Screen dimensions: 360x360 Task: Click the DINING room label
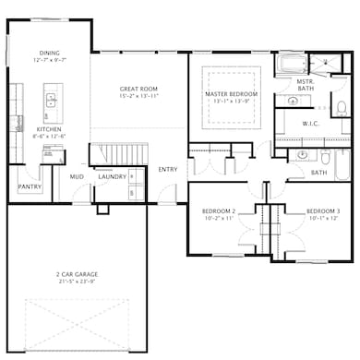(x=50, y=53)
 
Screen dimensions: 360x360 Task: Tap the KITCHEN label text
(x=48, y=129)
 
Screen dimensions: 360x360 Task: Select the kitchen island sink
(x=53, y=99)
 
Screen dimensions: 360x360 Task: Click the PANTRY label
(x=29, y=186)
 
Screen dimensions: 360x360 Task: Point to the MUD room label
(x=77, y=176)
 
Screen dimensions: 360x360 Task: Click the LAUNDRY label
(x=112, y=176)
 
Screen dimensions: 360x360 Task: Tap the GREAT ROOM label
(x=139, y=90)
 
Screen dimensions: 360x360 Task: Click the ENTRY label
(x=167, y=169)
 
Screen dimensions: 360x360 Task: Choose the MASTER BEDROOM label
(x=231, y=94)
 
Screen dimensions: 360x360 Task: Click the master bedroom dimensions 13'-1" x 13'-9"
(x=231, y=102)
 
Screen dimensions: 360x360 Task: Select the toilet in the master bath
(x=341, y=109)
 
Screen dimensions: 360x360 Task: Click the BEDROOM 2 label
(x=219, y=211)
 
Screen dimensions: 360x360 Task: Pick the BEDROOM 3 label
(x=323, y=211)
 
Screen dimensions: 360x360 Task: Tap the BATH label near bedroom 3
(x=318, y=172)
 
